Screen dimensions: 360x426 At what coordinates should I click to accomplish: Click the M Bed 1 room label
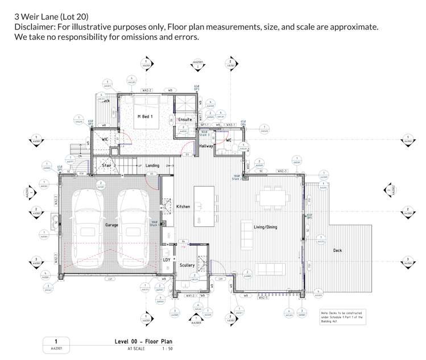146,116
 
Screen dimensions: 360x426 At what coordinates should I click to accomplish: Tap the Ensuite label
185,120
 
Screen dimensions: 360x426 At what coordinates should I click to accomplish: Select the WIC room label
105,139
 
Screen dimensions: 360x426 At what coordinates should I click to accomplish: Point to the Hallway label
206,146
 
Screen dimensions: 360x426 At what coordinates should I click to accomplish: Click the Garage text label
111,225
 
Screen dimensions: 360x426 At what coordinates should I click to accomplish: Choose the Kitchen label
183,206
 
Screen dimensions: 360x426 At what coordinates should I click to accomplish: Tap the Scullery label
187,265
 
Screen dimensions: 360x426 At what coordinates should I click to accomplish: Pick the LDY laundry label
167,260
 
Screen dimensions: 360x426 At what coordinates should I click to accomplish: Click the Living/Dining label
265,227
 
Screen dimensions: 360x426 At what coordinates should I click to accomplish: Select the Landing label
152,165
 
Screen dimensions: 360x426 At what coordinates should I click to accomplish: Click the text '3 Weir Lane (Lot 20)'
52,16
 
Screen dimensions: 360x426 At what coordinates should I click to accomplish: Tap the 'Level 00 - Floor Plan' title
143,341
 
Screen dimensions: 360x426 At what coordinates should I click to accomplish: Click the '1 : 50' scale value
168,348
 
